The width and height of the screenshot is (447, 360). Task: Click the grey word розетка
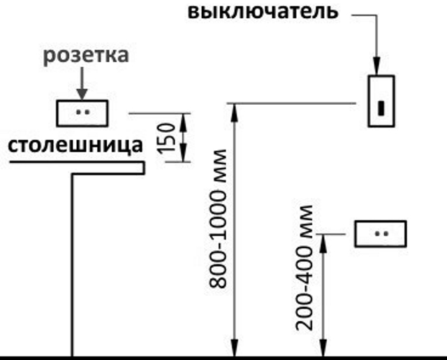86,56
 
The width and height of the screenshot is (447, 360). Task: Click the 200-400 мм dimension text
305,267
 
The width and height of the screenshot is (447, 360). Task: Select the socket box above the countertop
82,113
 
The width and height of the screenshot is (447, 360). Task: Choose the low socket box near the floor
381,233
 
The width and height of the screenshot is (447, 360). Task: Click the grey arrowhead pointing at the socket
82,93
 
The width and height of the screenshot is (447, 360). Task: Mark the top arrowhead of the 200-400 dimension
323,239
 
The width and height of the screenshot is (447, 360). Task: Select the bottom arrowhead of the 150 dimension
184,157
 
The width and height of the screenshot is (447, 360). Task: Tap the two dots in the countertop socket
82,112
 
